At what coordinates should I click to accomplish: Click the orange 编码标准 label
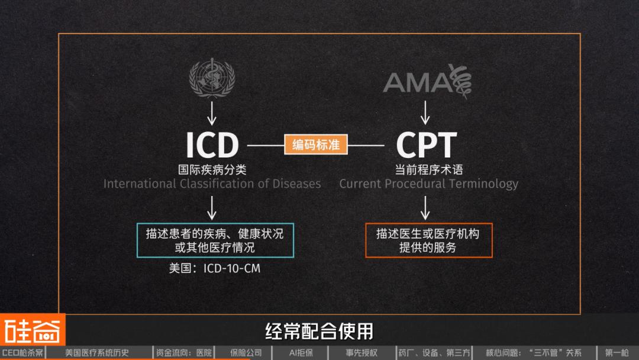pyautogui.click(x=315, y=144)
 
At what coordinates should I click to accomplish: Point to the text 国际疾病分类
pyautogui.click(x=212, y=169)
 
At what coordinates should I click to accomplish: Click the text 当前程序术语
pyautogui.click(x=426, y=169)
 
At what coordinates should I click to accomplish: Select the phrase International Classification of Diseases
pyautogui.click(x=212, y=184)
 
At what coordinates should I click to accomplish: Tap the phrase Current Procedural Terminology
pyautogui.click(x=428, y=184)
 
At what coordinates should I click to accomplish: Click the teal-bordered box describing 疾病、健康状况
pyautogui.click(x=215, y=240)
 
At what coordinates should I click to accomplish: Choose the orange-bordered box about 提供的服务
pyautogui.click(x=428, y=240)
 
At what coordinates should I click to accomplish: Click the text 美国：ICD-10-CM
pyautogui.click(x=214, y=268)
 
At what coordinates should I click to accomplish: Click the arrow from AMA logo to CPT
pyautogui.click(x=425, y=112)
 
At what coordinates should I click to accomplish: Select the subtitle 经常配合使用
pyautogui.click(x=319, y=330)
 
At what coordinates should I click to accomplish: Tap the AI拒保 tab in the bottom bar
pyautogui.click(x=301, y=353)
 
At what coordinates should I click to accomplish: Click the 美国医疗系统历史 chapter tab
pyautogui.click(x=96, y=353)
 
